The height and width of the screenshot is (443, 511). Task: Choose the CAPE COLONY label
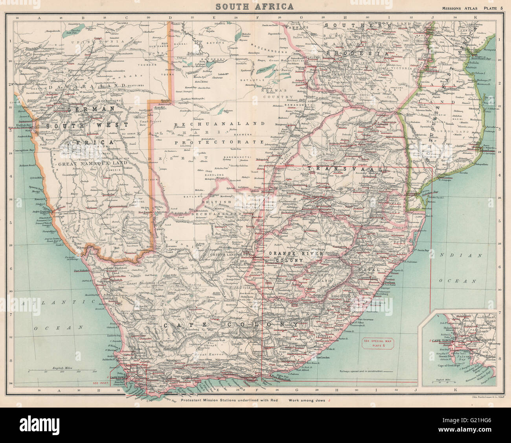(233, 325)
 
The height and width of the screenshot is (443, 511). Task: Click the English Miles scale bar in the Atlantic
(61, 370)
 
